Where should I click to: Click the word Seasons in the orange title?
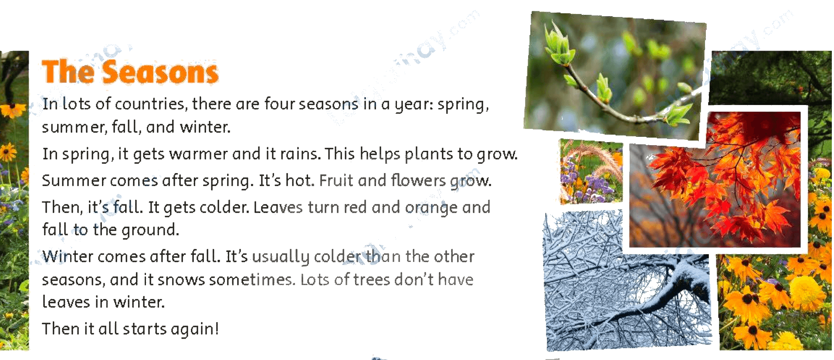point(160,72)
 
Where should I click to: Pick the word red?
point(355,207)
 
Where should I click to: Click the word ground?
point(150,230)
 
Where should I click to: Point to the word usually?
point(281,257)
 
